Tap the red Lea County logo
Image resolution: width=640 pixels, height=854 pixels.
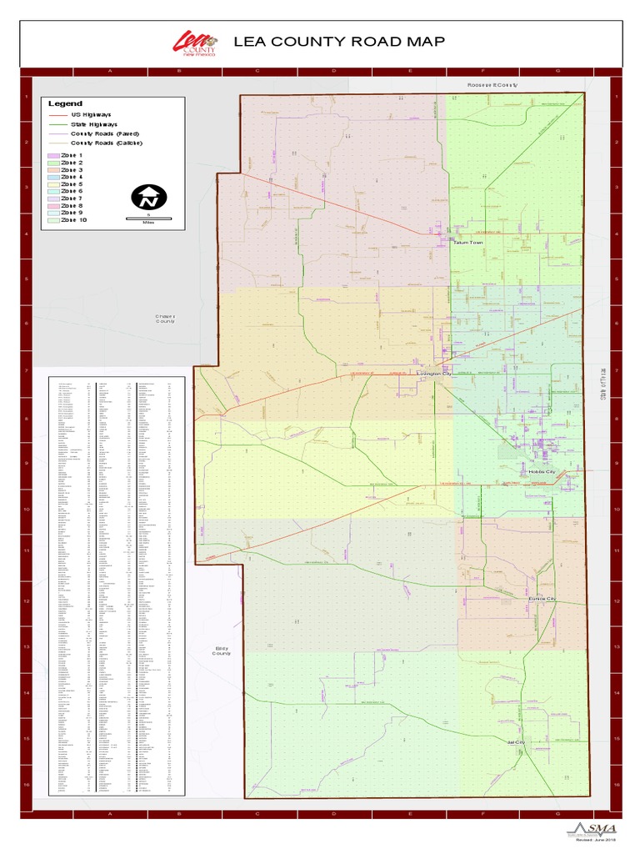[195, 43]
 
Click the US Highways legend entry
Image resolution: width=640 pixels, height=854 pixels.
[91, 114]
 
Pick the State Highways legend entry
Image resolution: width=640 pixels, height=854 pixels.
[93, 123]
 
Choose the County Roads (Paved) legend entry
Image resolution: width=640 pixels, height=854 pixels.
[104, 133]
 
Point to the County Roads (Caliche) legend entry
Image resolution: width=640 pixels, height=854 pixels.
[106, 143]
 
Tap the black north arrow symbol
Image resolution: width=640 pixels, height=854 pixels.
[149, 198]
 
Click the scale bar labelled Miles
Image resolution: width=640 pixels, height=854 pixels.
[149, 219]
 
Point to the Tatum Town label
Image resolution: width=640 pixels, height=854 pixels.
[467, 243]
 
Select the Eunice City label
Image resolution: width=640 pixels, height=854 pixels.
[542, 600]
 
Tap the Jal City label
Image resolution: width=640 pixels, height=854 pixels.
[517, 742]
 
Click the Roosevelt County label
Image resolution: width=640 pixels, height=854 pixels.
[492, 86]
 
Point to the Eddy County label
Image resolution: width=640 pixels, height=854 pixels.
[221, 651]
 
